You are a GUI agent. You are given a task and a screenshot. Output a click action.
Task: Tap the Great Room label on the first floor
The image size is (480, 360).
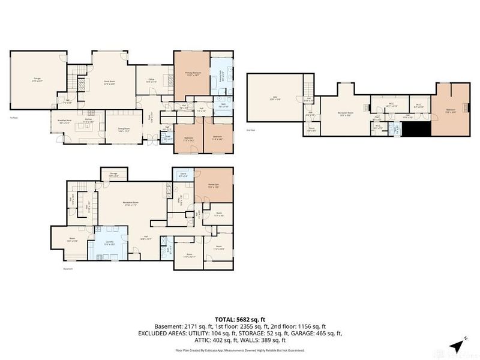pos(109,83)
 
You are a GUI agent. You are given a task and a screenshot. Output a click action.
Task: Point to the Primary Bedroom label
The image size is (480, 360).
pos(193,73)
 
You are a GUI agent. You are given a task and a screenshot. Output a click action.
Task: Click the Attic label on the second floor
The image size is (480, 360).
pos(274,98)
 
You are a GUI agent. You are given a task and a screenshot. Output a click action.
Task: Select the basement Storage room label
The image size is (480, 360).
pos(113,175)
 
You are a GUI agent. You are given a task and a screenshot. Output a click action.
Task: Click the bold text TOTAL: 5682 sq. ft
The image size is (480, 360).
pos(240,320)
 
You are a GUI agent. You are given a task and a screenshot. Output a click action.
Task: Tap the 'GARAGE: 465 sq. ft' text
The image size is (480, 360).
pos(314,334)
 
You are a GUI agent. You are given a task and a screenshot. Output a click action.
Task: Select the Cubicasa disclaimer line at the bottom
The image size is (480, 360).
pos(240,349)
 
